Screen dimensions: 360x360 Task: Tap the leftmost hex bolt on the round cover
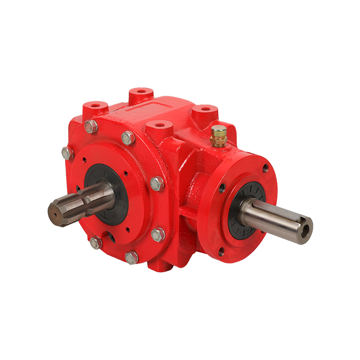[x=67, y=153]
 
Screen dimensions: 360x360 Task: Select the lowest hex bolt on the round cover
[x=131, y=257]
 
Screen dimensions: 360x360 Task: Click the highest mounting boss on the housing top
[x=141, y=93]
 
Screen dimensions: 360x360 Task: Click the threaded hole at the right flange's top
[x=265, y=168]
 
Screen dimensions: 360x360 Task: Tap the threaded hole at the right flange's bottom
[x=221, y=251]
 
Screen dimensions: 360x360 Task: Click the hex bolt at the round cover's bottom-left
[x=95, y=243]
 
